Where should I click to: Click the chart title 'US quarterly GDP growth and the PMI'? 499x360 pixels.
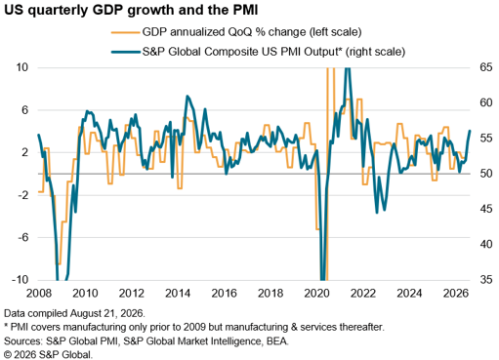coord(131,10)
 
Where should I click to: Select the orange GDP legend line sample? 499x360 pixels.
coord(125,32)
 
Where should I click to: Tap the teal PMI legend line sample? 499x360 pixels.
coord(125,52)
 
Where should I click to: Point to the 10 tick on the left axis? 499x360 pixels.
coord(22,67)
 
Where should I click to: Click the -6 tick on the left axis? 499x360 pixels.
coord(23,237)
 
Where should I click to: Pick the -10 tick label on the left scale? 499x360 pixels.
coord(21,279)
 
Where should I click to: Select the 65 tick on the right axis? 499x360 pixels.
coord(486,67)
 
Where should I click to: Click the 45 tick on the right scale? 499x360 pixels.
coord(486,209)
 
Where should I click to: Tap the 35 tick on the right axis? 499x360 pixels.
coord(486,279)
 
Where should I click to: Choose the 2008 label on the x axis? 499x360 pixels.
coord(39,294)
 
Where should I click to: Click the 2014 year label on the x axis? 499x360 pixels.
coord(178,294)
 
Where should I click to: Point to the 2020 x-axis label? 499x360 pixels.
coord(316,294)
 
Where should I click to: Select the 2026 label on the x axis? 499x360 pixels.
coord(456,294)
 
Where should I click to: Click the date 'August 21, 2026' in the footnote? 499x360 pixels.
coord(106,313)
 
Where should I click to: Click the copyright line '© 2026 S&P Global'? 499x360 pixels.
coord(48,354)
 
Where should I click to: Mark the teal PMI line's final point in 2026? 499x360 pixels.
coord(470,131)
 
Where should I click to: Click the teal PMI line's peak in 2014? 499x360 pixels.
coord(187,96)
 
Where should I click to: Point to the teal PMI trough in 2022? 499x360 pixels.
coord(377,213)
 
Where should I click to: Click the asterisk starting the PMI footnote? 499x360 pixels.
coord(6,325)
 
